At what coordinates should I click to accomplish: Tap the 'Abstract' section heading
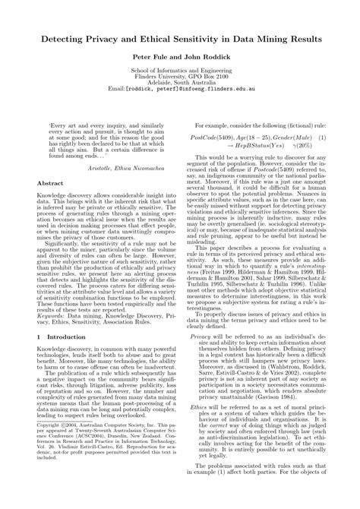[x=49, y=205]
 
